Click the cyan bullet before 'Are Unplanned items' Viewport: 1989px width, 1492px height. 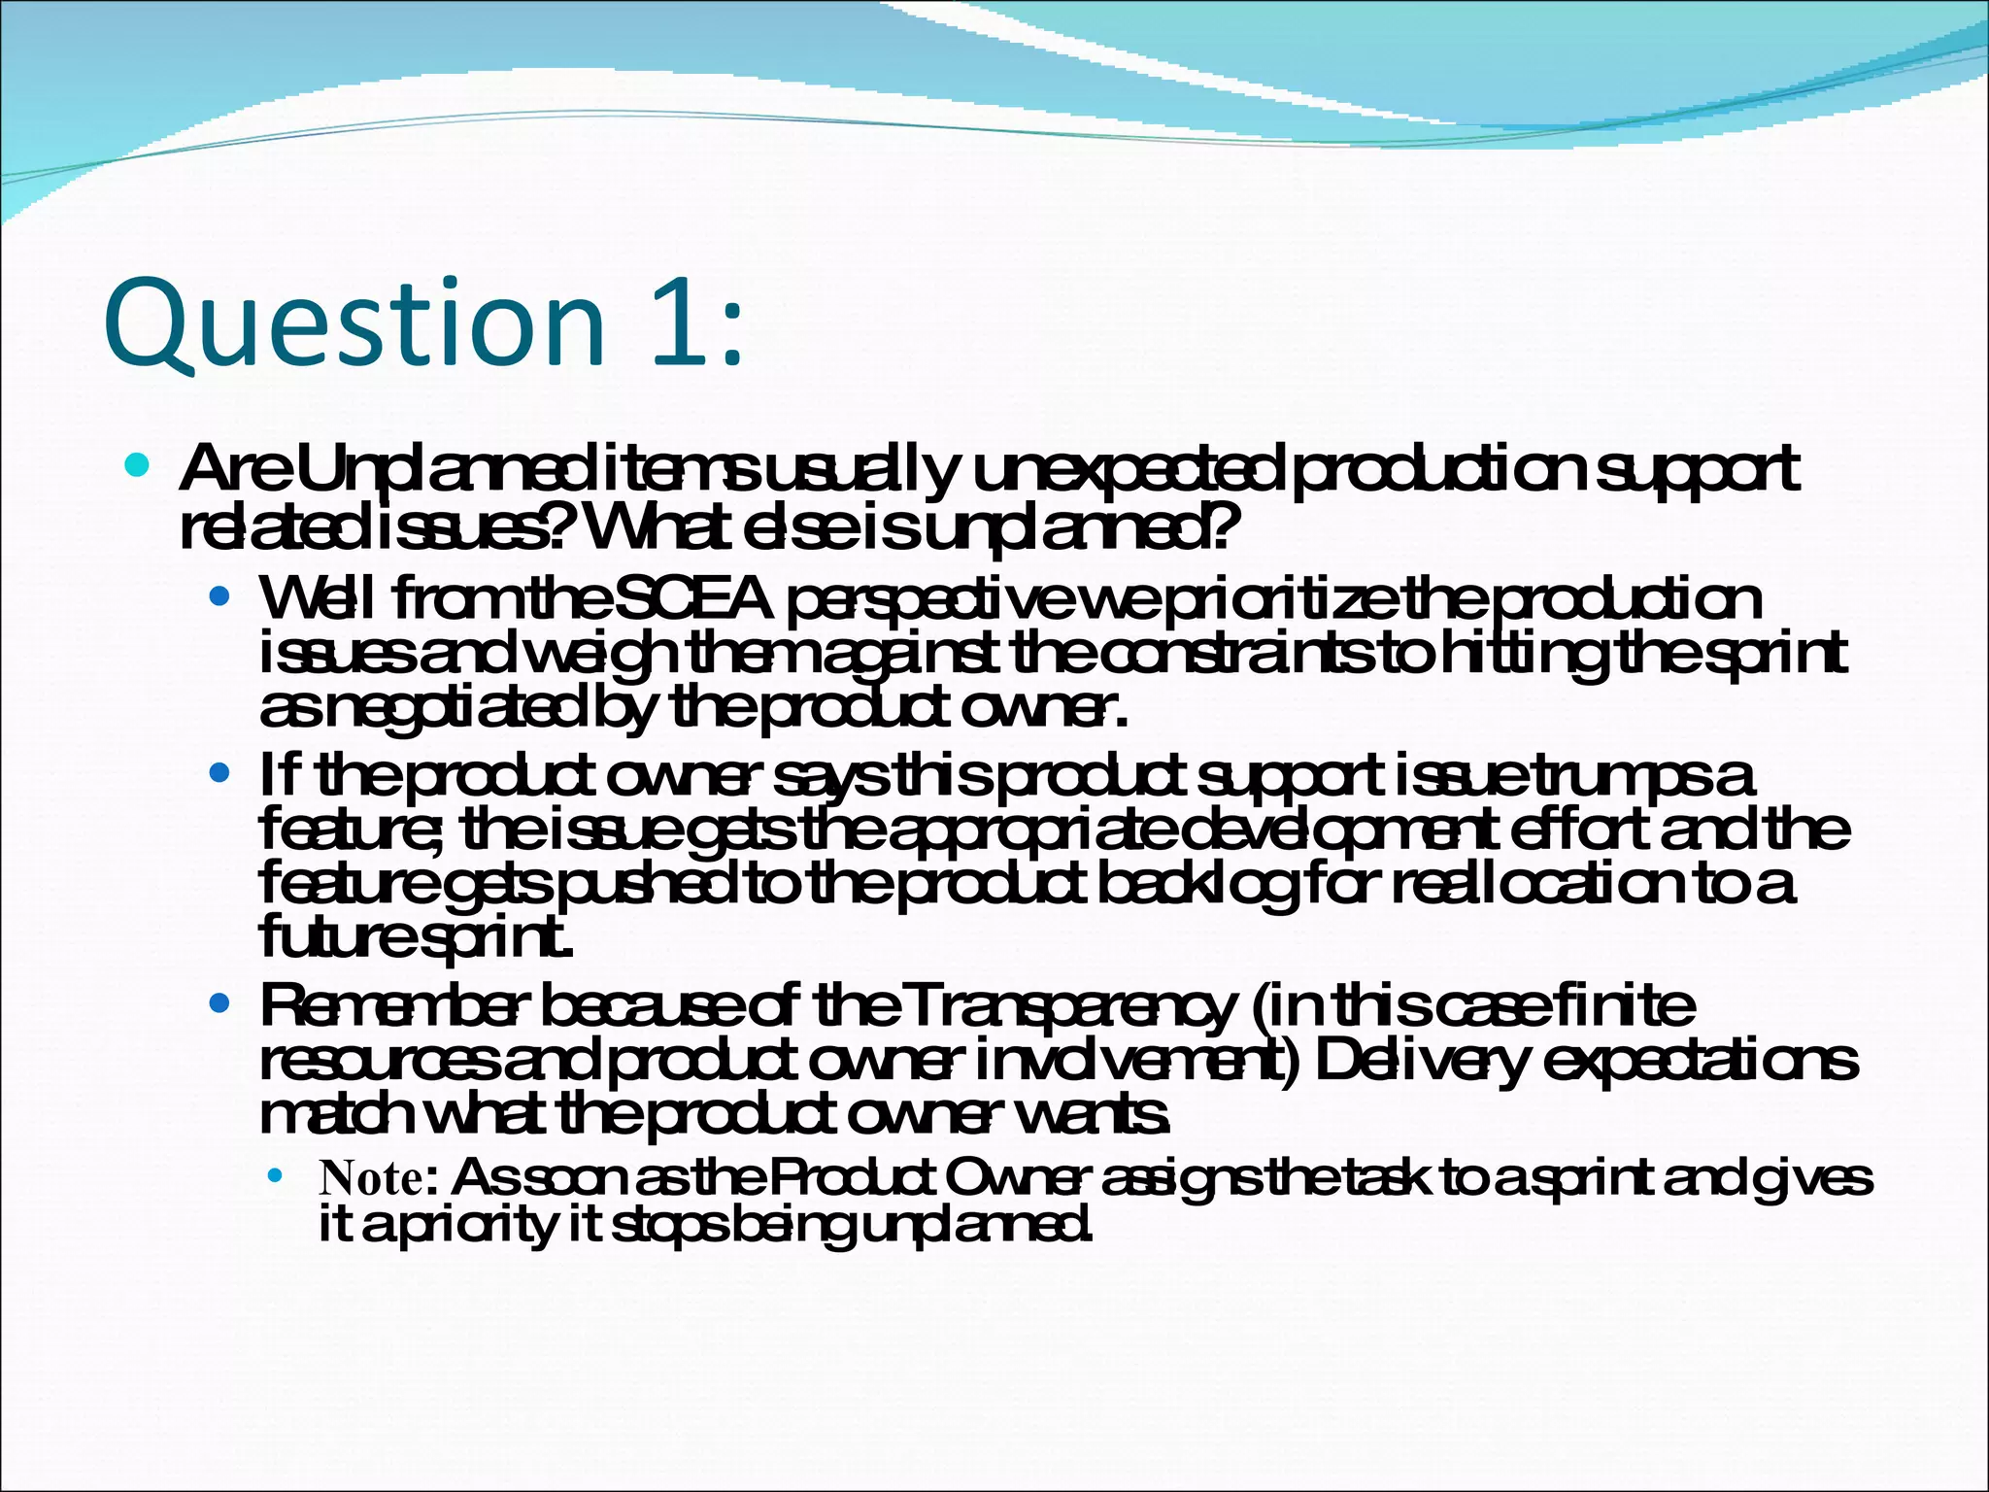pos(137,465)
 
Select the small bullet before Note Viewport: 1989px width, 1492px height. pos(276,1177)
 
